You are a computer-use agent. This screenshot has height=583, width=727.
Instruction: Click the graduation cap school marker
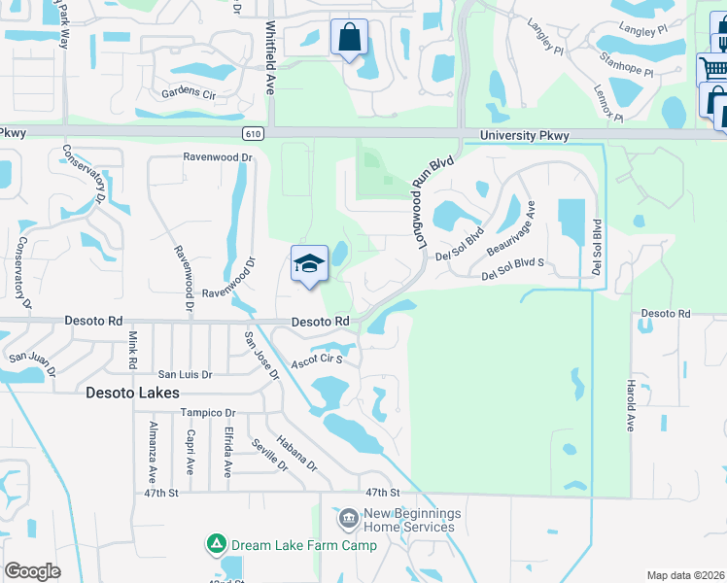(x=309, y=263)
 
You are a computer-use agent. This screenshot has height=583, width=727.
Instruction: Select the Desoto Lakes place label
(x=132, y=393)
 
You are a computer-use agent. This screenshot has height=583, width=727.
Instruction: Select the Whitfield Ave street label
(x=271, y=58)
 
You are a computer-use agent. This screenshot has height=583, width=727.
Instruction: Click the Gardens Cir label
(x=189, y=93)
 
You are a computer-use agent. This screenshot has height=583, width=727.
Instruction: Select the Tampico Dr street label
(x=210, y=413)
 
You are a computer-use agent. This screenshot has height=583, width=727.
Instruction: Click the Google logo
(x=32, y=571)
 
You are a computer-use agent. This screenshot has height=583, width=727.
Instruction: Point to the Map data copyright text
(x=684, y=575)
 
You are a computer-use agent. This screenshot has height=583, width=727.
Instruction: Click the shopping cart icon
(x=712, y=68)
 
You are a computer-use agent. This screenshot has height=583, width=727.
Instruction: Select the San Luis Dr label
(x=186, y=374)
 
